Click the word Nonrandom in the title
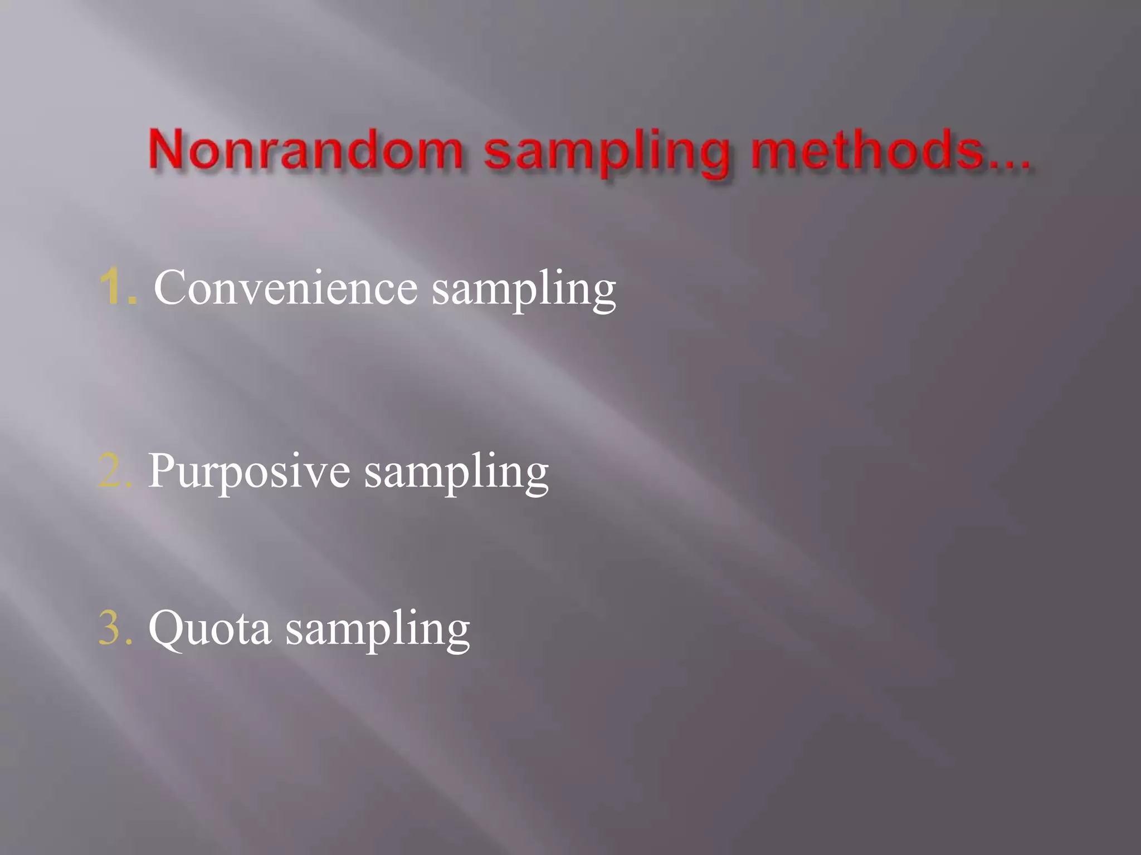[305, 149]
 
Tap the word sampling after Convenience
[524, 291]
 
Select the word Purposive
[248, 472]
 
